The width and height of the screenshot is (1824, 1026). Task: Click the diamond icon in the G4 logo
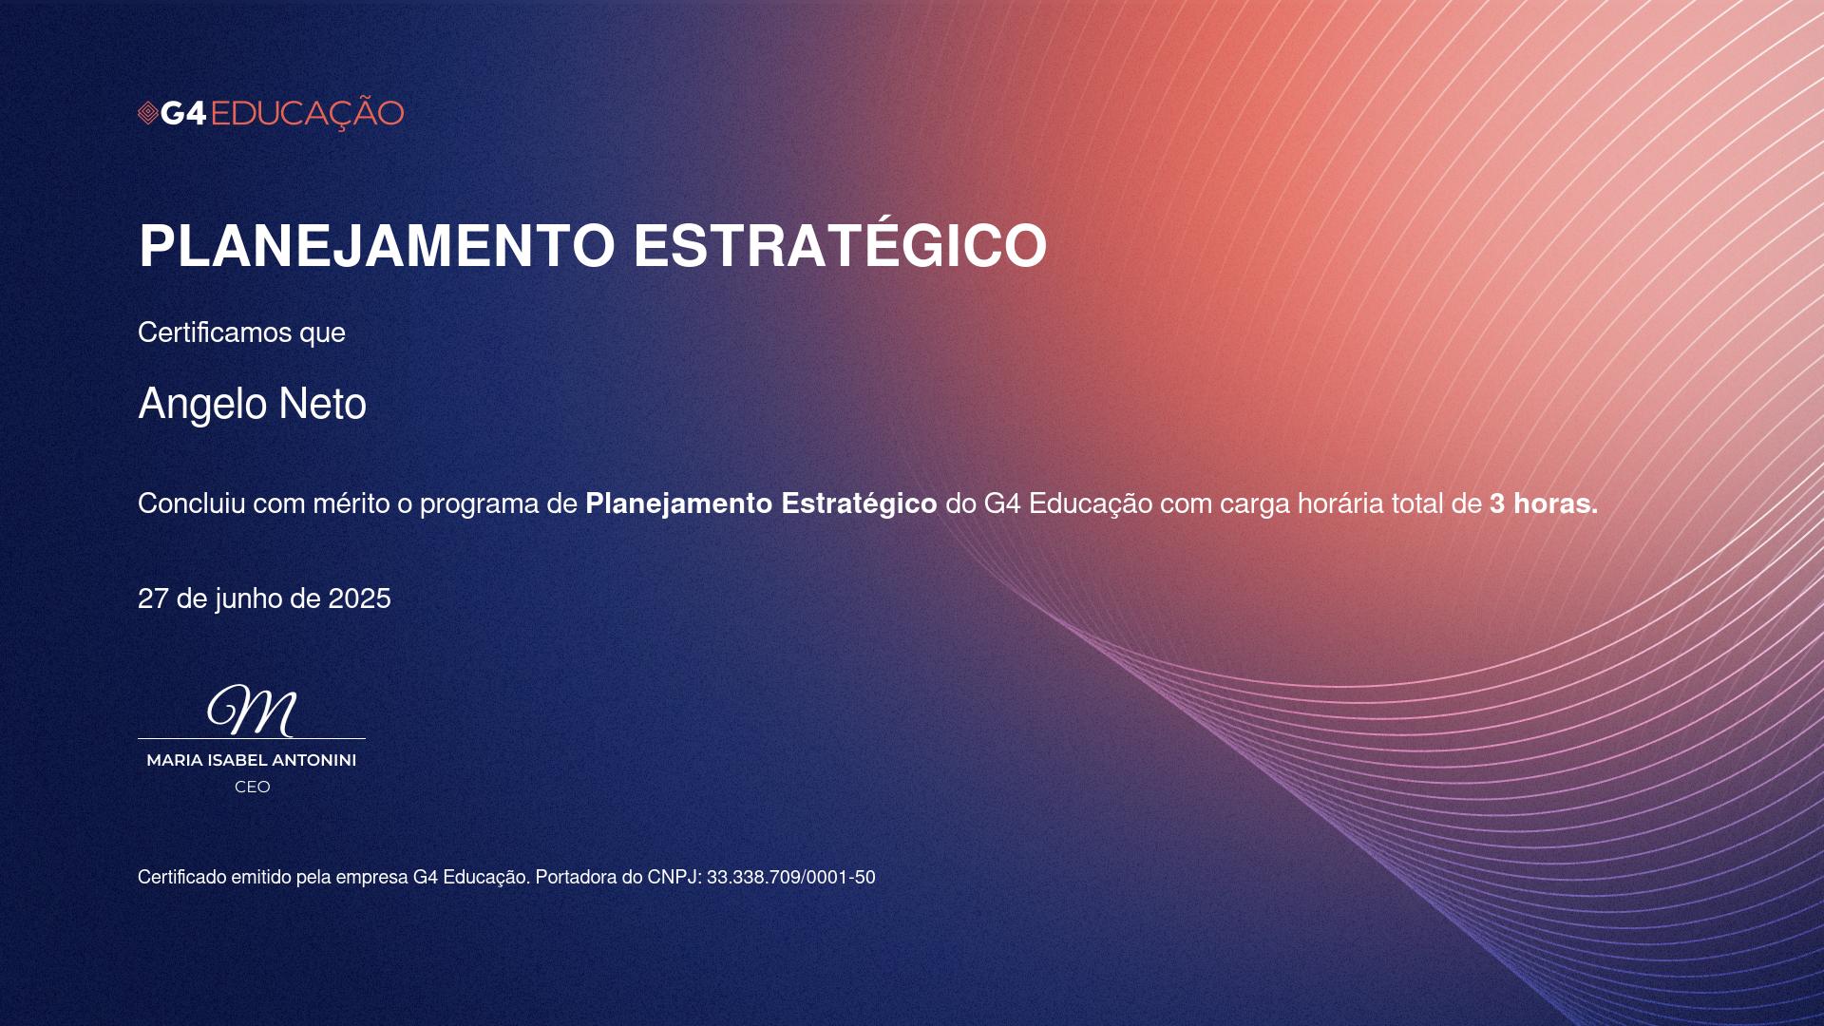click(x=147, y=114)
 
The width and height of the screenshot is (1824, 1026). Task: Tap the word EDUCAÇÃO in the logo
click(x=307, y=112)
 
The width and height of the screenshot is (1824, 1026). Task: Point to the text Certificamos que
click(x=241, y=332)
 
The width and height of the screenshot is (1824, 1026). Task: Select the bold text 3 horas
click(x=1544, y=503)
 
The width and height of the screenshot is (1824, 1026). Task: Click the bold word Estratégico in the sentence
click(x=859, y=503)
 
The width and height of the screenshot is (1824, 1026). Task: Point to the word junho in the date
click(x=249, y=599)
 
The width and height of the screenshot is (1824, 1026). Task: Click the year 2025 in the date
click(x=359, y=598)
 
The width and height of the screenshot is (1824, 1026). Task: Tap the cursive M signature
click(x=253, y=711)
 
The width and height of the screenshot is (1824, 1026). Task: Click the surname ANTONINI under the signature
click(x=314, y=760)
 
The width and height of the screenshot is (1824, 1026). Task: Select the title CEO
click(x=253, y=787)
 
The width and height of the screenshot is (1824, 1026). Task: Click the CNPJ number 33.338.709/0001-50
click(x=790, y=878)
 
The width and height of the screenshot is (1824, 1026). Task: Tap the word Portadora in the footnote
click(x=576, y=878)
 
